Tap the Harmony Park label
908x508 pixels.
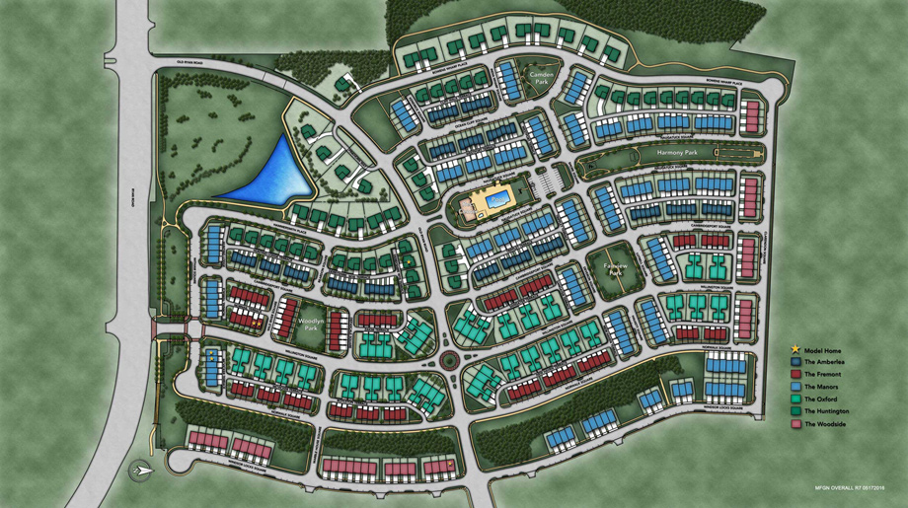click(x=678, y=155)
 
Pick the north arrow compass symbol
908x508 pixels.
click(x=140, y=471)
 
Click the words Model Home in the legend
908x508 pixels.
click(x=823, y=350)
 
